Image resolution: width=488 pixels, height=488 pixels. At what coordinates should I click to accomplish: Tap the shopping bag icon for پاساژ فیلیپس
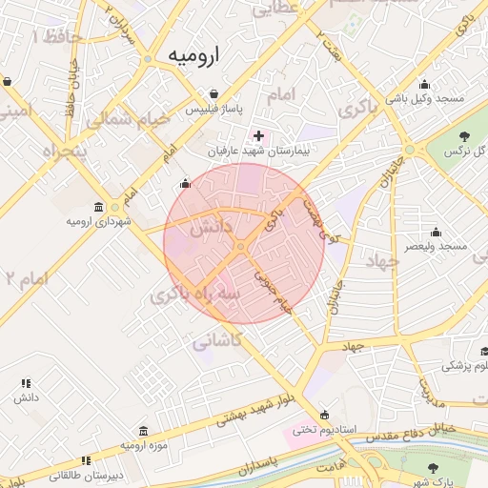pos(215,94)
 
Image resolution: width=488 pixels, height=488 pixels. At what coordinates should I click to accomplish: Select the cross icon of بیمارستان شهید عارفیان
pos(258,136)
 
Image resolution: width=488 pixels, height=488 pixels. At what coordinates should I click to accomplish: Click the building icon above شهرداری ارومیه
pos(99,207)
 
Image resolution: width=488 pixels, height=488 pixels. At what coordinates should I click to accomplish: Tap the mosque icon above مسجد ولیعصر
pos(436,232)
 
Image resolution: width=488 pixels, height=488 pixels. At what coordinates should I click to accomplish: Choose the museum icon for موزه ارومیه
pos(143,431)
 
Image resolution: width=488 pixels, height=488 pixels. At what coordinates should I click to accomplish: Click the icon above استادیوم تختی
pos(327,415)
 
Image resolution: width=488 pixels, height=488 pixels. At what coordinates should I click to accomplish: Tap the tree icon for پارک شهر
pos(434,467)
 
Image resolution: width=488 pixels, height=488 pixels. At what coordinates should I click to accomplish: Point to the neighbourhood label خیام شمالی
pos(128,120)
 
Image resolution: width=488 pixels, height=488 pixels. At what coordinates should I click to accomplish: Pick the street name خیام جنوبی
pos(271,289)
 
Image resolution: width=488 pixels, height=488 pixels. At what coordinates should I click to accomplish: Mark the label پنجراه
pos(64,150)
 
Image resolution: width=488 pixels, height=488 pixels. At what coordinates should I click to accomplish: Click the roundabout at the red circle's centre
pos(242,247)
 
